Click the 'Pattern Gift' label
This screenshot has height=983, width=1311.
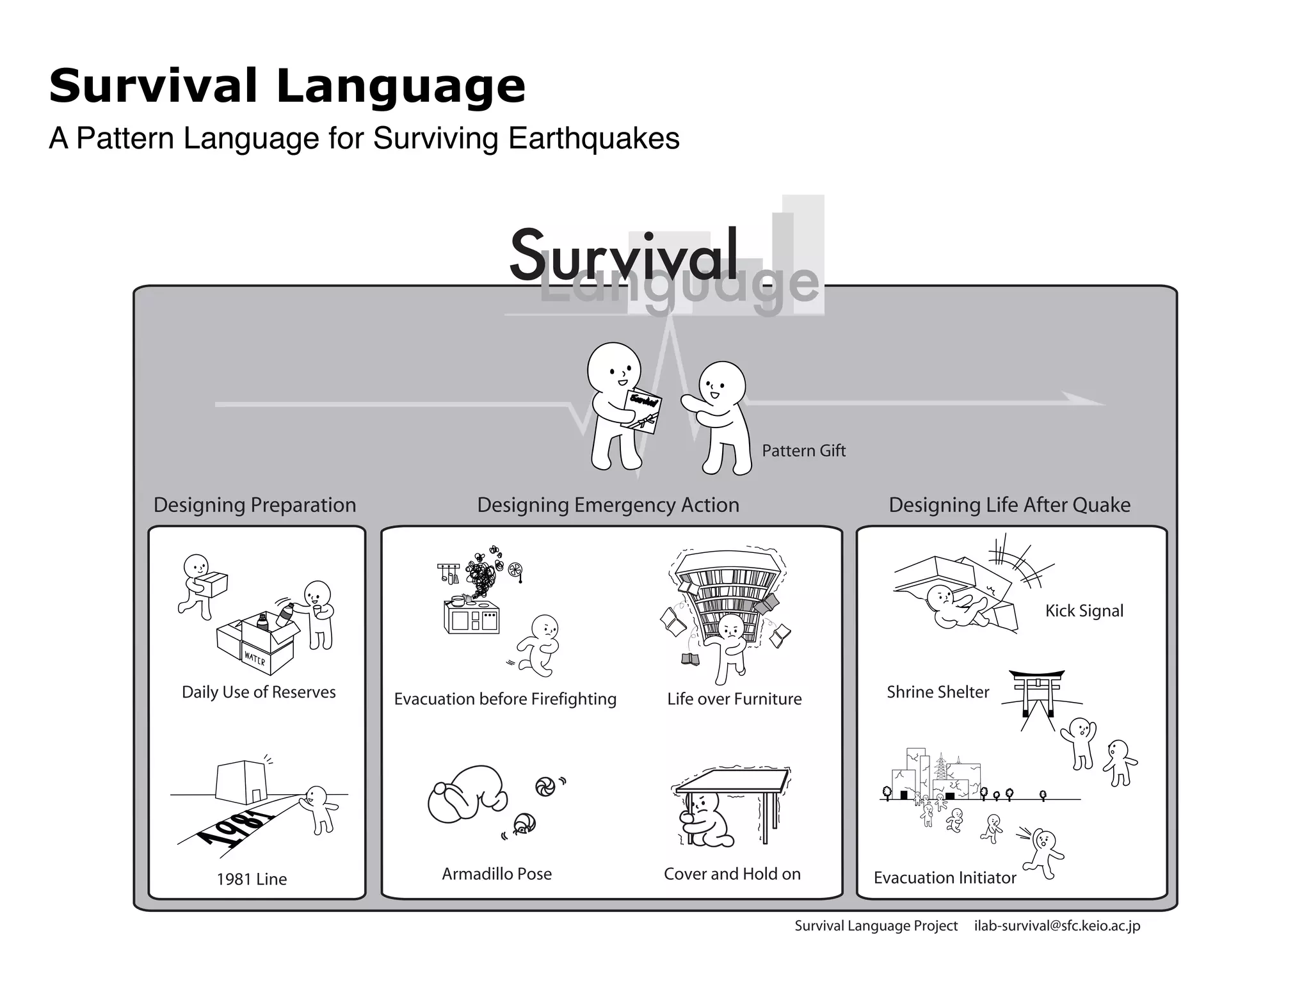(803, 451)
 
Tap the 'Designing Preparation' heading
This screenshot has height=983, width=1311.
(255, 505)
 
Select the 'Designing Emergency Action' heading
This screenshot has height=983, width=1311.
(608, 505)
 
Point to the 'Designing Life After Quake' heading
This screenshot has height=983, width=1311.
(1009, 505)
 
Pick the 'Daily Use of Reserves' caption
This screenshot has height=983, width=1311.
(259, 692)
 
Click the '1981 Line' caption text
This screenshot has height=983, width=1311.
(252, 879)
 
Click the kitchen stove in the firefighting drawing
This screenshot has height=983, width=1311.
(472, 617)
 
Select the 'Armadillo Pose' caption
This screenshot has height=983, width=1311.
(497, 874)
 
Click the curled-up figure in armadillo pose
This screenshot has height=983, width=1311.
(467, 795)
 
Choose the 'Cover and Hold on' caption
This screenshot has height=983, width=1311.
(732, 874)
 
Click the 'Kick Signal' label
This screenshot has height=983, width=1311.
(1084, 611)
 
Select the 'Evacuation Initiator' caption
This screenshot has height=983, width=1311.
(945, 877)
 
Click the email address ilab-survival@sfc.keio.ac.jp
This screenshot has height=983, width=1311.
(1057, 925)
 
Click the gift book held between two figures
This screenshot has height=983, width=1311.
(643, 410)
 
